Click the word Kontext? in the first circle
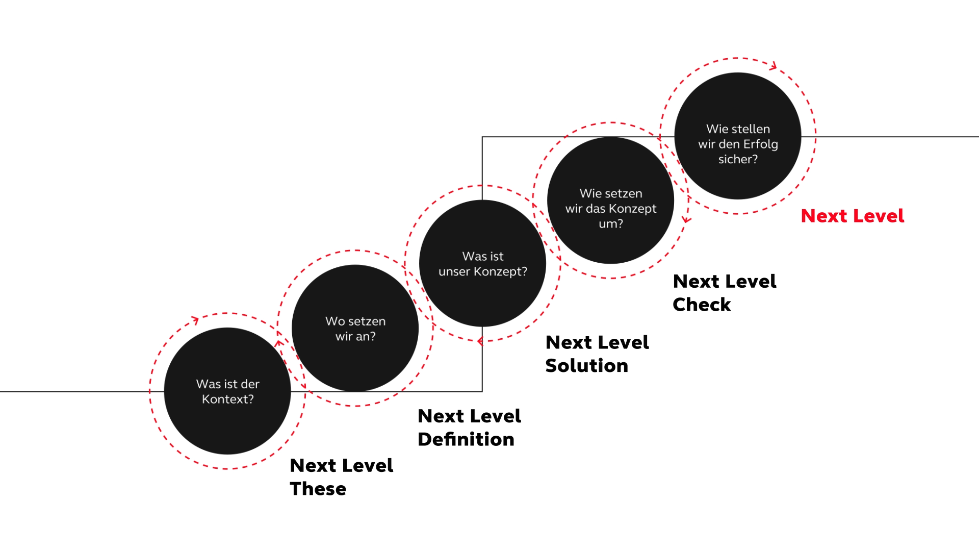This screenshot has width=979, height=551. [x=227, y=399]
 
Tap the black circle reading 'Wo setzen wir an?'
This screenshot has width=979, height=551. [x=355, y=328]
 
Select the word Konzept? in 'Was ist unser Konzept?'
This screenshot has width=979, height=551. [x=500, y=271]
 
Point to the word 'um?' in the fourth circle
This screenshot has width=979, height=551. [x=611, y=224]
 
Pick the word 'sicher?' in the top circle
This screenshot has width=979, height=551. [x=738, y=159]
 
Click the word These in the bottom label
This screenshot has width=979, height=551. [x=318, y=489]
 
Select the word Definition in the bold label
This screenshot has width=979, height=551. [x=466, y=439]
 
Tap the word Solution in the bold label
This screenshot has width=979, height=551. [x=587, y=366]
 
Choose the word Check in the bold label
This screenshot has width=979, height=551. [x=702, y=305]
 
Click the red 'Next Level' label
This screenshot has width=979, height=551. [x=853, y=216]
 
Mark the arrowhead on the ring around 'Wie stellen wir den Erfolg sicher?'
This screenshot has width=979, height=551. [x=774, y=66]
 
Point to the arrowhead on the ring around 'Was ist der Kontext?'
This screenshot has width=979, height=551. [x=195, y=320]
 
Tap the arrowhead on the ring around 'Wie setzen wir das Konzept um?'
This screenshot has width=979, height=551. [x=687, y=220]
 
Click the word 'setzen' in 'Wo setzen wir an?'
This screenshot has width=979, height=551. [x=367, y=321]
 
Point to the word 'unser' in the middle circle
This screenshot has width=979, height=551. [x=454, y=272]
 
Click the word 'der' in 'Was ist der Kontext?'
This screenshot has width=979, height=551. [x=250, y=384]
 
